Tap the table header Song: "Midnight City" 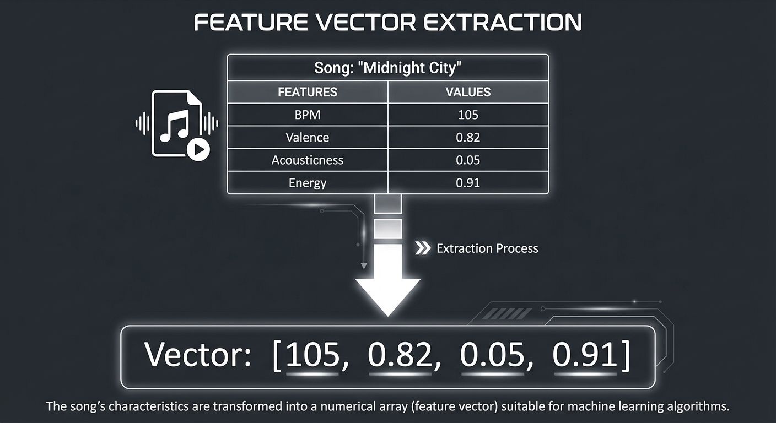click(x=387, y=68)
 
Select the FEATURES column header click(x=308, y=92)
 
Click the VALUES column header click(x=468, y=92)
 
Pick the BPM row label click(x=308, y=115)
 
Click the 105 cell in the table click(x=468, y=115)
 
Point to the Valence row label click(x=308, y=138)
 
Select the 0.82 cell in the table click(x=468, y=138)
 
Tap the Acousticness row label click(x=308, y=160)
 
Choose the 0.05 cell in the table click(x=468, y=160)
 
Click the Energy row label click(x=308, y=183)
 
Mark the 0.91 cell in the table click(x=468, y=183)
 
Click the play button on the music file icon click(x=198, y=149)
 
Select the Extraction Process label click(x=487, y=248)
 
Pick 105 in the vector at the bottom click(x=312, y=355)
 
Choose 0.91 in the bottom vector click(x=585, y=355)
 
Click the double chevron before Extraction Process click(x=422, y=248)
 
